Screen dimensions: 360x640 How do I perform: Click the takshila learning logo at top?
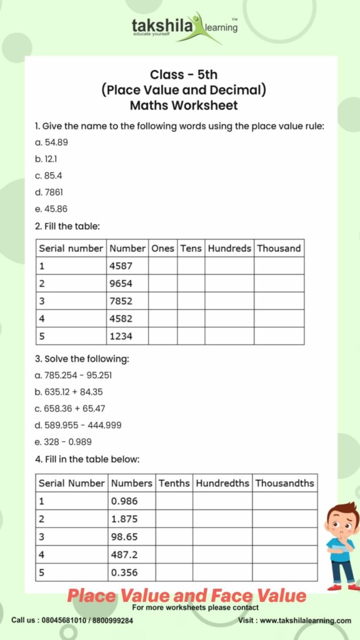[184, 27]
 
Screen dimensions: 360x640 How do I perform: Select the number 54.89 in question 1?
[56, 142]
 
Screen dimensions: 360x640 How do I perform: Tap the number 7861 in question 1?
[54, 192]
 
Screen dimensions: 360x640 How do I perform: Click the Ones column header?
[162, 248]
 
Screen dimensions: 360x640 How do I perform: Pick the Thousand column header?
[279, 248]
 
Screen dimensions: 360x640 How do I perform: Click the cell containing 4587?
[127, 266]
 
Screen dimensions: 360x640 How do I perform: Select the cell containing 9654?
[127, 283]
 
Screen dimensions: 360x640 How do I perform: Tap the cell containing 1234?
[127, 336]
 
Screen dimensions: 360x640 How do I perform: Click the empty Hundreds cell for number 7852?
[229, 301]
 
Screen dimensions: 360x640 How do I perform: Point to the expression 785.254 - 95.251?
[78, 376]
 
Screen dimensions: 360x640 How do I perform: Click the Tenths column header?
[174, 483]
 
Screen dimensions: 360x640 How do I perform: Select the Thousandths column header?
[284, 483]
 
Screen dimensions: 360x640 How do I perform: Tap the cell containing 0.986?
[131, 501]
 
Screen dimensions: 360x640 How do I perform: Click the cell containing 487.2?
[131, 554]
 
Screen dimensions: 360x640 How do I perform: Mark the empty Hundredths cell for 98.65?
[222, 537]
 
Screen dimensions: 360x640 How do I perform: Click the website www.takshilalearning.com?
[305, 621]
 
